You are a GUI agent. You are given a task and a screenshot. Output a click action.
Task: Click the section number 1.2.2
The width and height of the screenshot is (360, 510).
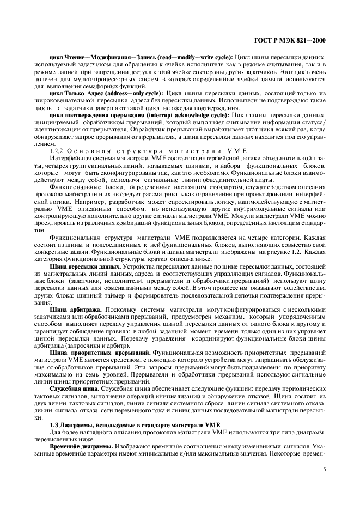pyautogui.click(x=58, y=150)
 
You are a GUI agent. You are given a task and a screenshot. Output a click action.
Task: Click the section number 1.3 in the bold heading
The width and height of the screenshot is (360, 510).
pyautogui.click(x=54, y=423)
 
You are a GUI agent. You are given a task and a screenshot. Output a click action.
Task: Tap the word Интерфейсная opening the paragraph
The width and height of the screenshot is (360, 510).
pyautogui.click(x=68, y=157)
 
